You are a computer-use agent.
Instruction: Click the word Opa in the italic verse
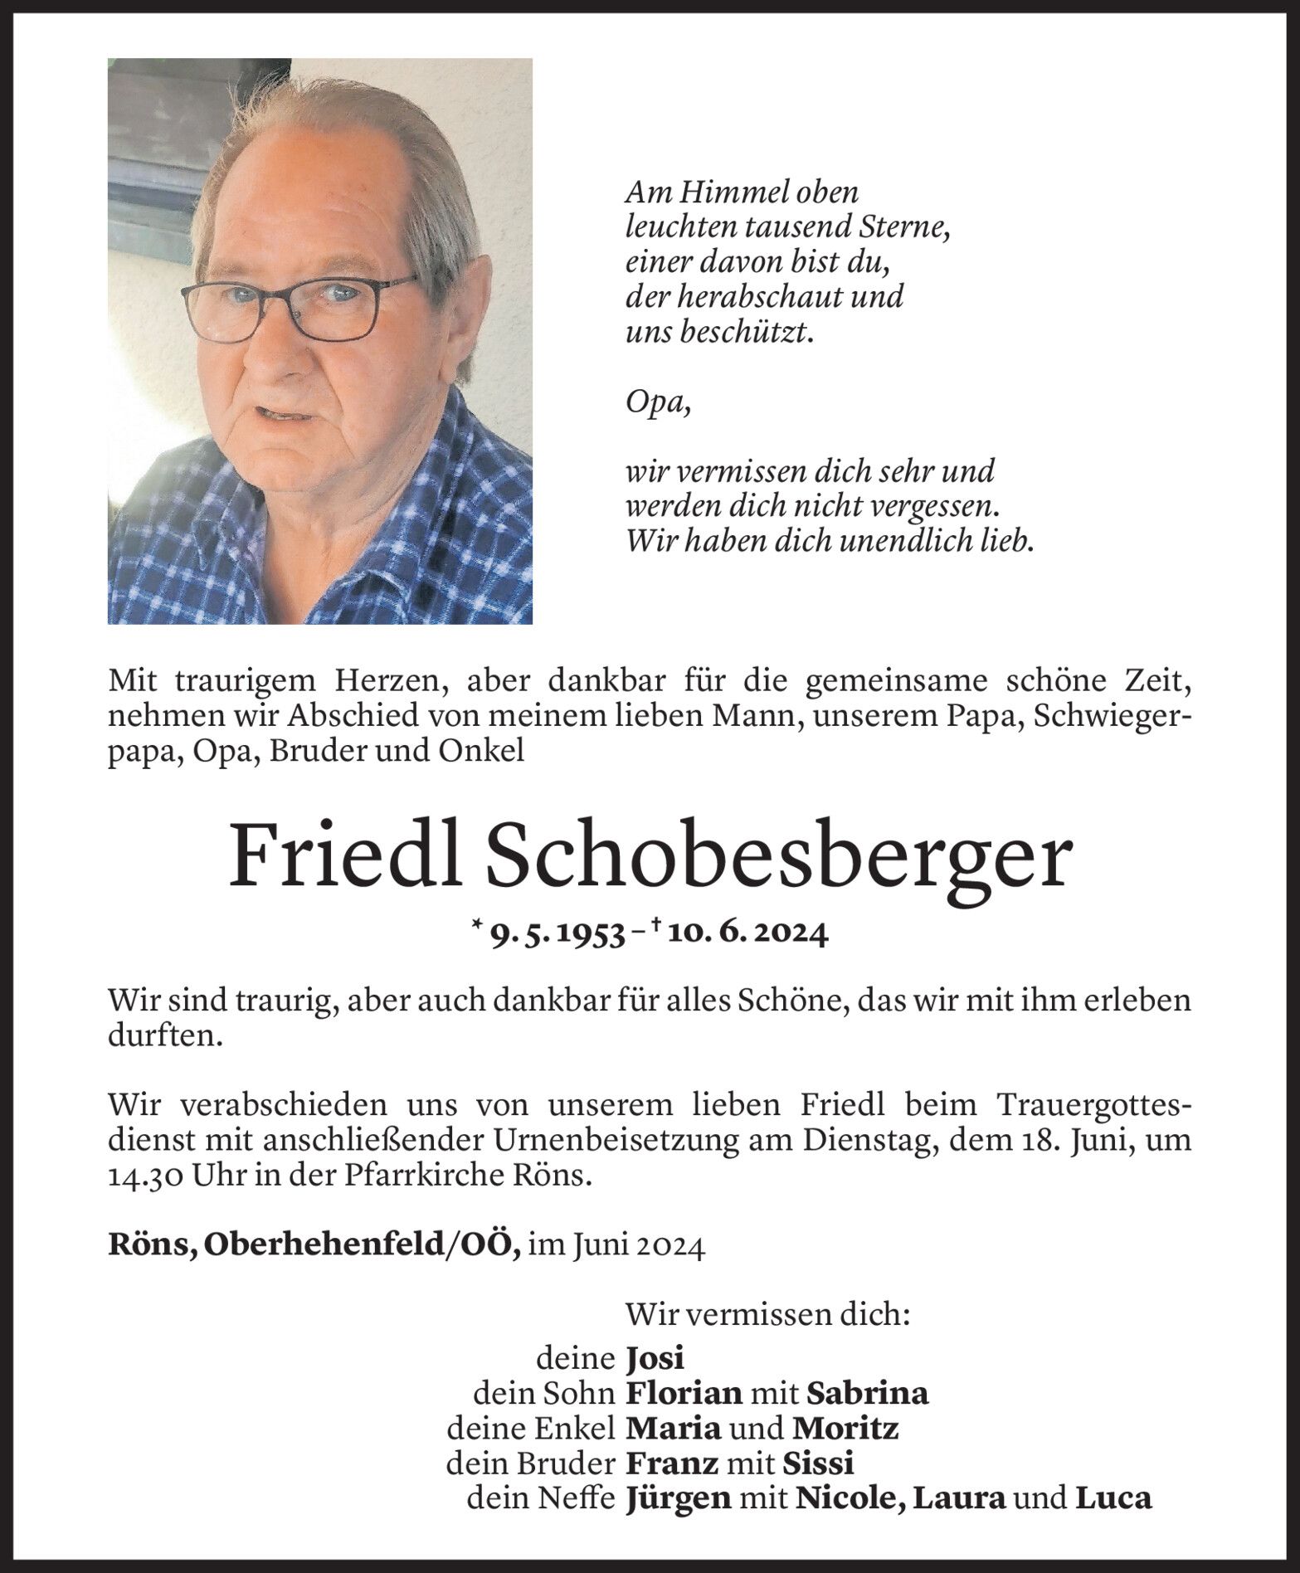point(655,404)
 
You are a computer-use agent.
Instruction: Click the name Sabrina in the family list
point(867,1394)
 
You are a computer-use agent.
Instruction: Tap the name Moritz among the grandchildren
point(845,1429)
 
